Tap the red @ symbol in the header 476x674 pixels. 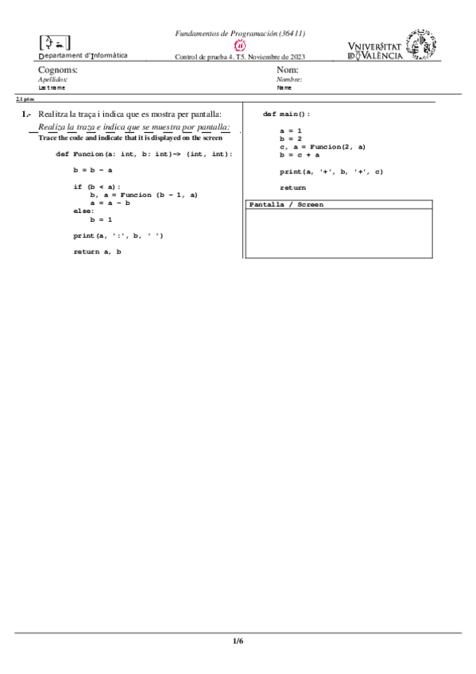click(239, 45)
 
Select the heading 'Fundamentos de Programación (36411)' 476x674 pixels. click(240, 33)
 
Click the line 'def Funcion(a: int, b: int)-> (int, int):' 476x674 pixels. click(144, 153)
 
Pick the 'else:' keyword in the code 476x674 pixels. click(83, 211)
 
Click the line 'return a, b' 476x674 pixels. click(97, 252)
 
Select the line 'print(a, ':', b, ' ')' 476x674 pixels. click(118, 235)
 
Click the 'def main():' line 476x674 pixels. click(286, 114)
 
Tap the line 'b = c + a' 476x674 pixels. click(300, 155)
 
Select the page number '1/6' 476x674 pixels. click(238, 641)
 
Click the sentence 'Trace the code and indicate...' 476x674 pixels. click(130, 138)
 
